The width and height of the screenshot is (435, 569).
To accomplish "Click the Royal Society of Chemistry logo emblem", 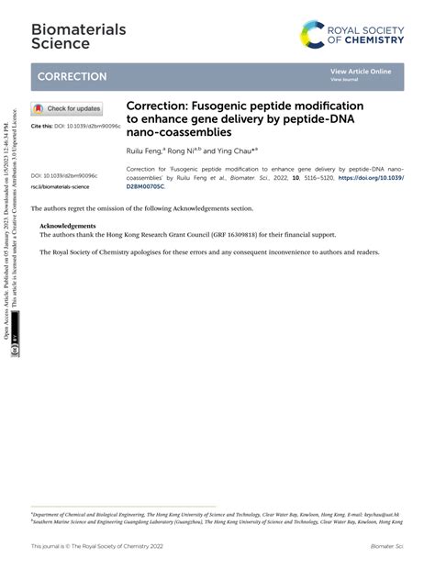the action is pyautogui.click(x=313, y=35).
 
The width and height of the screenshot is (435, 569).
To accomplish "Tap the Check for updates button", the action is pyautogui.click(x=67, y=108).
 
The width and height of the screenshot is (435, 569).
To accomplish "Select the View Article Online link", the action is pyautogui.click(x=361, y=72).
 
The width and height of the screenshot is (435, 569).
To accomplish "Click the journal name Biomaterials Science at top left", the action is pyautogui.click(x=65, y=36).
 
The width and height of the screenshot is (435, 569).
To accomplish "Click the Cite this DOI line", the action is pyautogui.click(x=75, y=126).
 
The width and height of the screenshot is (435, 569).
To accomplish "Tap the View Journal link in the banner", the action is pyautogui.click(x=345, y=80).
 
